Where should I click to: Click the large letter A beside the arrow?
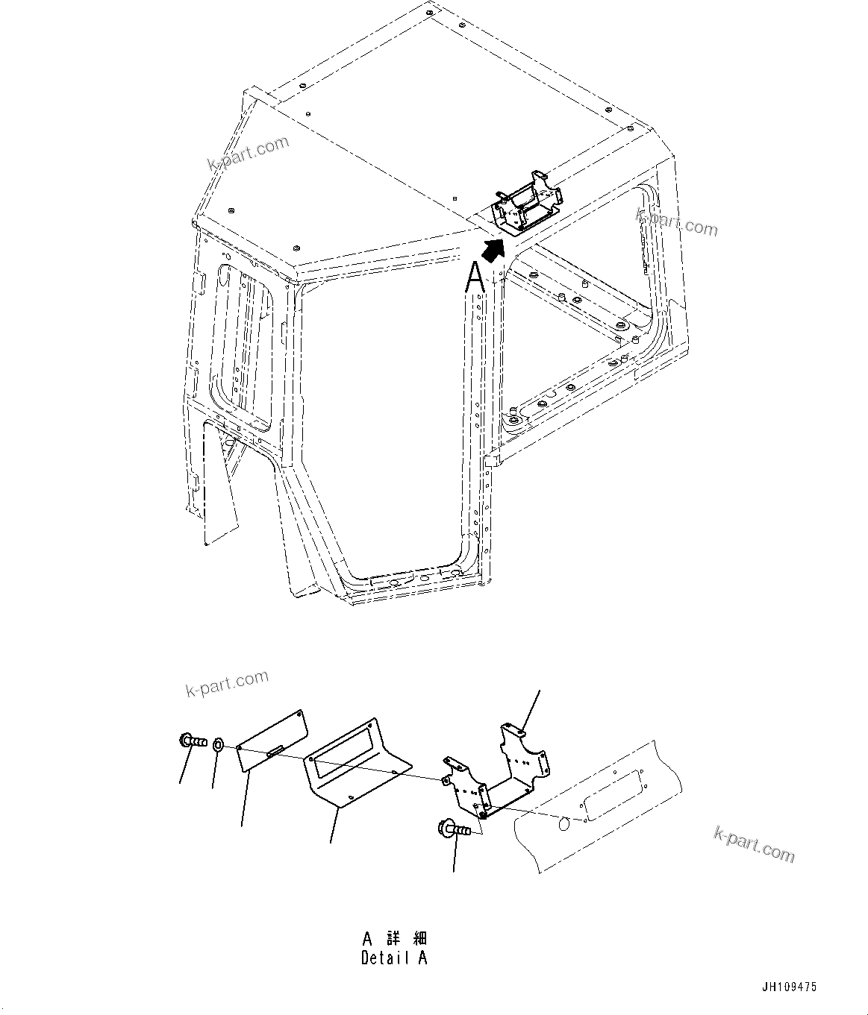click(x=475, y=277)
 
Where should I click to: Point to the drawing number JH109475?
click(x=789, y=987)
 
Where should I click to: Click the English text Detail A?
click(x=394, y=958)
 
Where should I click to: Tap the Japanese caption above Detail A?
click(x=394, y=938)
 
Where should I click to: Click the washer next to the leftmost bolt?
click(x=218, y=744)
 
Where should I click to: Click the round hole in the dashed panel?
click(x=565, y=824)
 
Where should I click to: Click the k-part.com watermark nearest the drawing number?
click(x=754, y=844)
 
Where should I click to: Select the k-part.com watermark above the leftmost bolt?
click(x=226, y=683)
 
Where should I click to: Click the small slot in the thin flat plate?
click(x=274, y=752)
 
